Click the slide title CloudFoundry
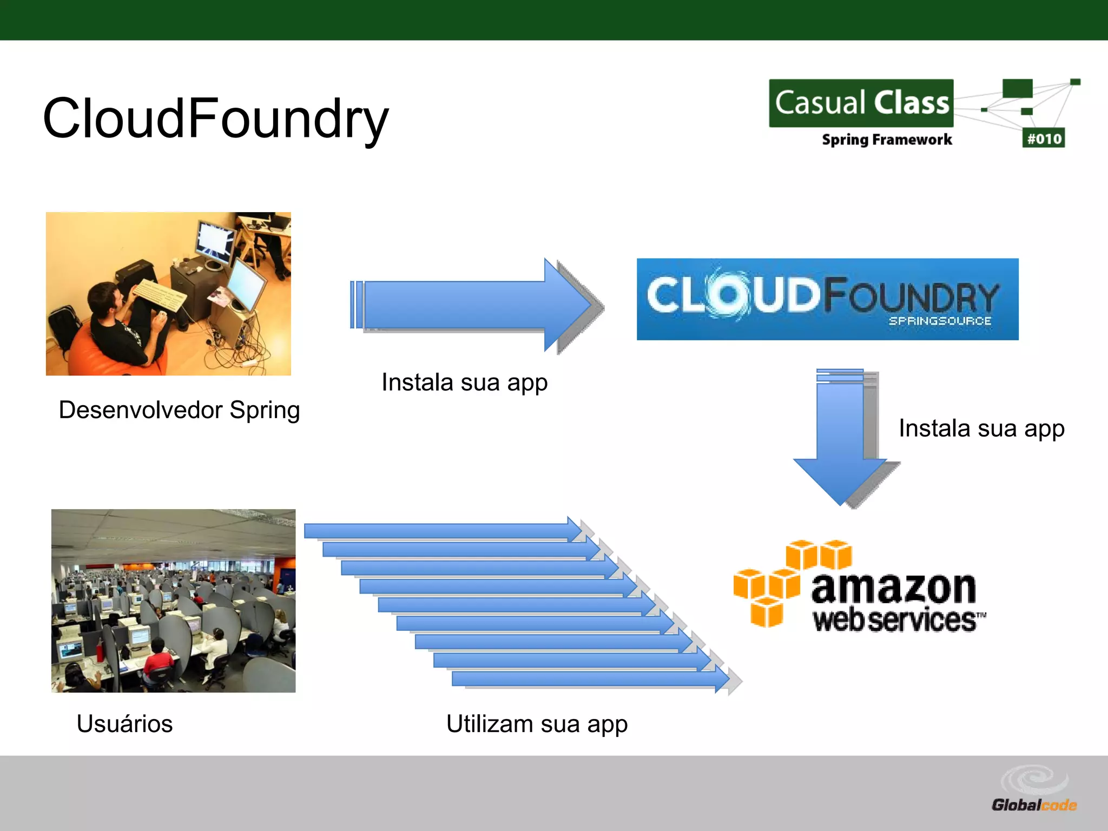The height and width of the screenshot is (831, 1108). [215, 118]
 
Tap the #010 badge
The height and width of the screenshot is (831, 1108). [1044, 138]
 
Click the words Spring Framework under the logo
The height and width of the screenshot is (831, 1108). [887, 140]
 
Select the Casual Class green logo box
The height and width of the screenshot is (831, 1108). [861, 103]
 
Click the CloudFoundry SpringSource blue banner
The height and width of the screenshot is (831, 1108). [827, 299]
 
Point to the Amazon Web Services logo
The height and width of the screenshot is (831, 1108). [860, 587]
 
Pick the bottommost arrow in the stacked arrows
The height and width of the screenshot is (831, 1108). [590, 678]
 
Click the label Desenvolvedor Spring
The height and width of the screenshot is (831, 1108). [179, 410]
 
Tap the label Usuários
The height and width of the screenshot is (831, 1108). [124, 724]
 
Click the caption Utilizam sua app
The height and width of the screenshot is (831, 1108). [537, 724]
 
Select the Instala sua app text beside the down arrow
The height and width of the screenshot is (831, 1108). [981, 428]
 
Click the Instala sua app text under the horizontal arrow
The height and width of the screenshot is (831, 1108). [464, 382]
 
